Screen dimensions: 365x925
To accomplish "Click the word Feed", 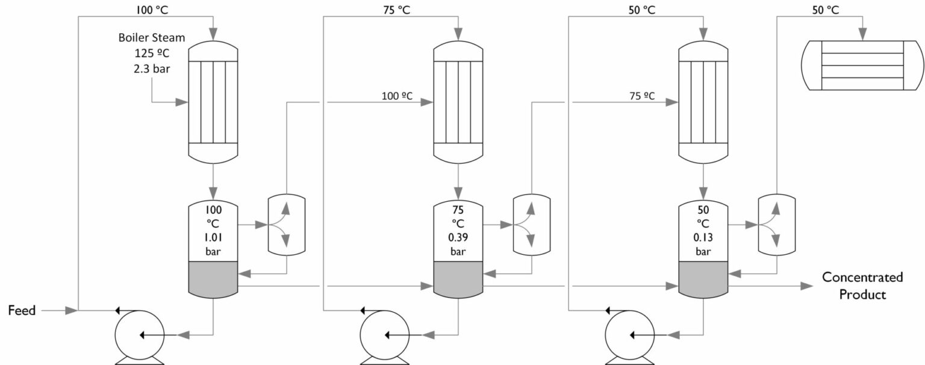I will pos(22,311).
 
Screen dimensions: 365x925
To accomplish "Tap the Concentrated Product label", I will pos(862,286).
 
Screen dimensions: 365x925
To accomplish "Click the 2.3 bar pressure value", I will pos(152,68).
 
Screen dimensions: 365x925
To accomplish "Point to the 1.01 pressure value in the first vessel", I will pos(214,237).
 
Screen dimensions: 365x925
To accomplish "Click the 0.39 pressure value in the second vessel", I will pos(458,237).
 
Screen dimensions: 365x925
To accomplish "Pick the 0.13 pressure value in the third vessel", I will pos(703,237).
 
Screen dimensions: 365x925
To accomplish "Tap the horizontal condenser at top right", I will pos(862,66).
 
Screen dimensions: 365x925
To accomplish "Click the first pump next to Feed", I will pos(139,334).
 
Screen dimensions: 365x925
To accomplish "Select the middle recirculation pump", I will pos(384,334).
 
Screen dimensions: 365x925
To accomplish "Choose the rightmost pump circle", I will pos(629,334).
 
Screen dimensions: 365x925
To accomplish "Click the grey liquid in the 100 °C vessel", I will pos(214,278).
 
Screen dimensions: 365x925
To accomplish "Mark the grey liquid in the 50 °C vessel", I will pos(703,278).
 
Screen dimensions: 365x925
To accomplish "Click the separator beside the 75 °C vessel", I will pos(531,224).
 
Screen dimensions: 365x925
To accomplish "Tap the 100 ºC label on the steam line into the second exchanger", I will pos(396,96).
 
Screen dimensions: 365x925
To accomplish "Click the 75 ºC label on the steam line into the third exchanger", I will pos(641,96).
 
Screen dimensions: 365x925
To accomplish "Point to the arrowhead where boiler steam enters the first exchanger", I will pos(182,102).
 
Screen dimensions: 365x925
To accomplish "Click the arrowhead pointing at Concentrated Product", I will pos(806,286).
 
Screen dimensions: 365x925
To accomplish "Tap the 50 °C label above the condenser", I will pos(826,10).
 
